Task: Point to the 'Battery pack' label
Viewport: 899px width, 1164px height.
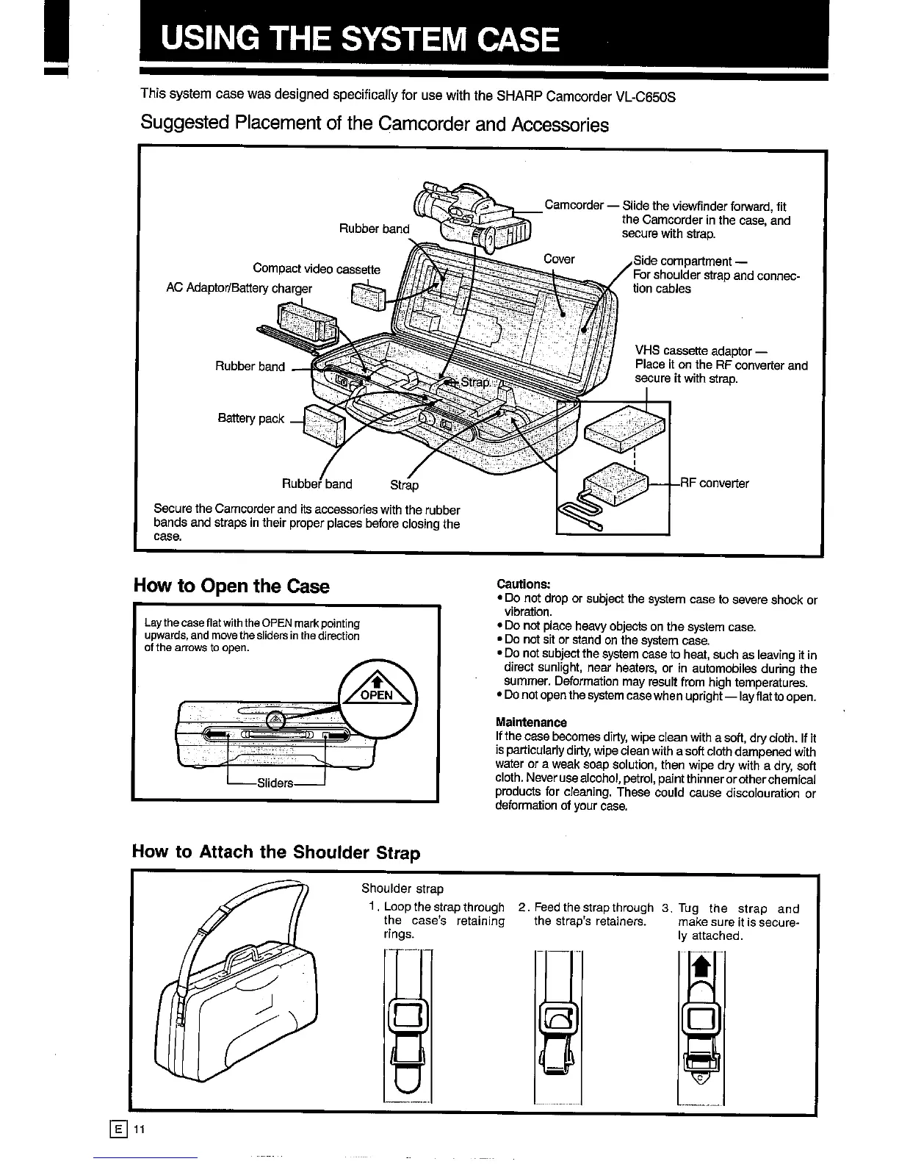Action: [250, 418]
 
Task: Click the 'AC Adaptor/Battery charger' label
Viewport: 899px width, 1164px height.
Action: [239, 288]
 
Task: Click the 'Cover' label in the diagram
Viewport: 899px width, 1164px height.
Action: [559, 259]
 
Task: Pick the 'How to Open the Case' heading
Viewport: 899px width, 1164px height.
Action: [231, 586]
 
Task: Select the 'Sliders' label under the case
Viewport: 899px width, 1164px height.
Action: [275, 783]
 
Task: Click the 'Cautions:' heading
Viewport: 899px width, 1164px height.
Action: [524, 583]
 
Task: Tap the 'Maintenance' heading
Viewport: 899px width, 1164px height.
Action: [531, 722]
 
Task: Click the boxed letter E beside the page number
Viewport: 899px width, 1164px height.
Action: [118, 1129]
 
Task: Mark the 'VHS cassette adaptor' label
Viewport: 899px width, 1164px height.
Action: [693, 351]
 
